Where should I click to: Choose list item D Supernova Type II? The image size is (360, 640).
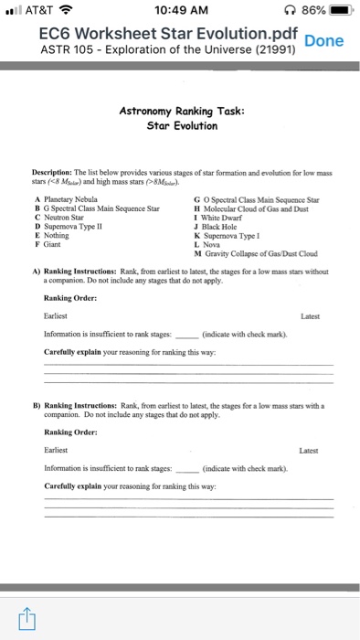pos(70,226)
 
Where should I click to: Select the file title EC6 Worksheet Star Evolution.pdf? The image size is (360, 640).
pos(152,33)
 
